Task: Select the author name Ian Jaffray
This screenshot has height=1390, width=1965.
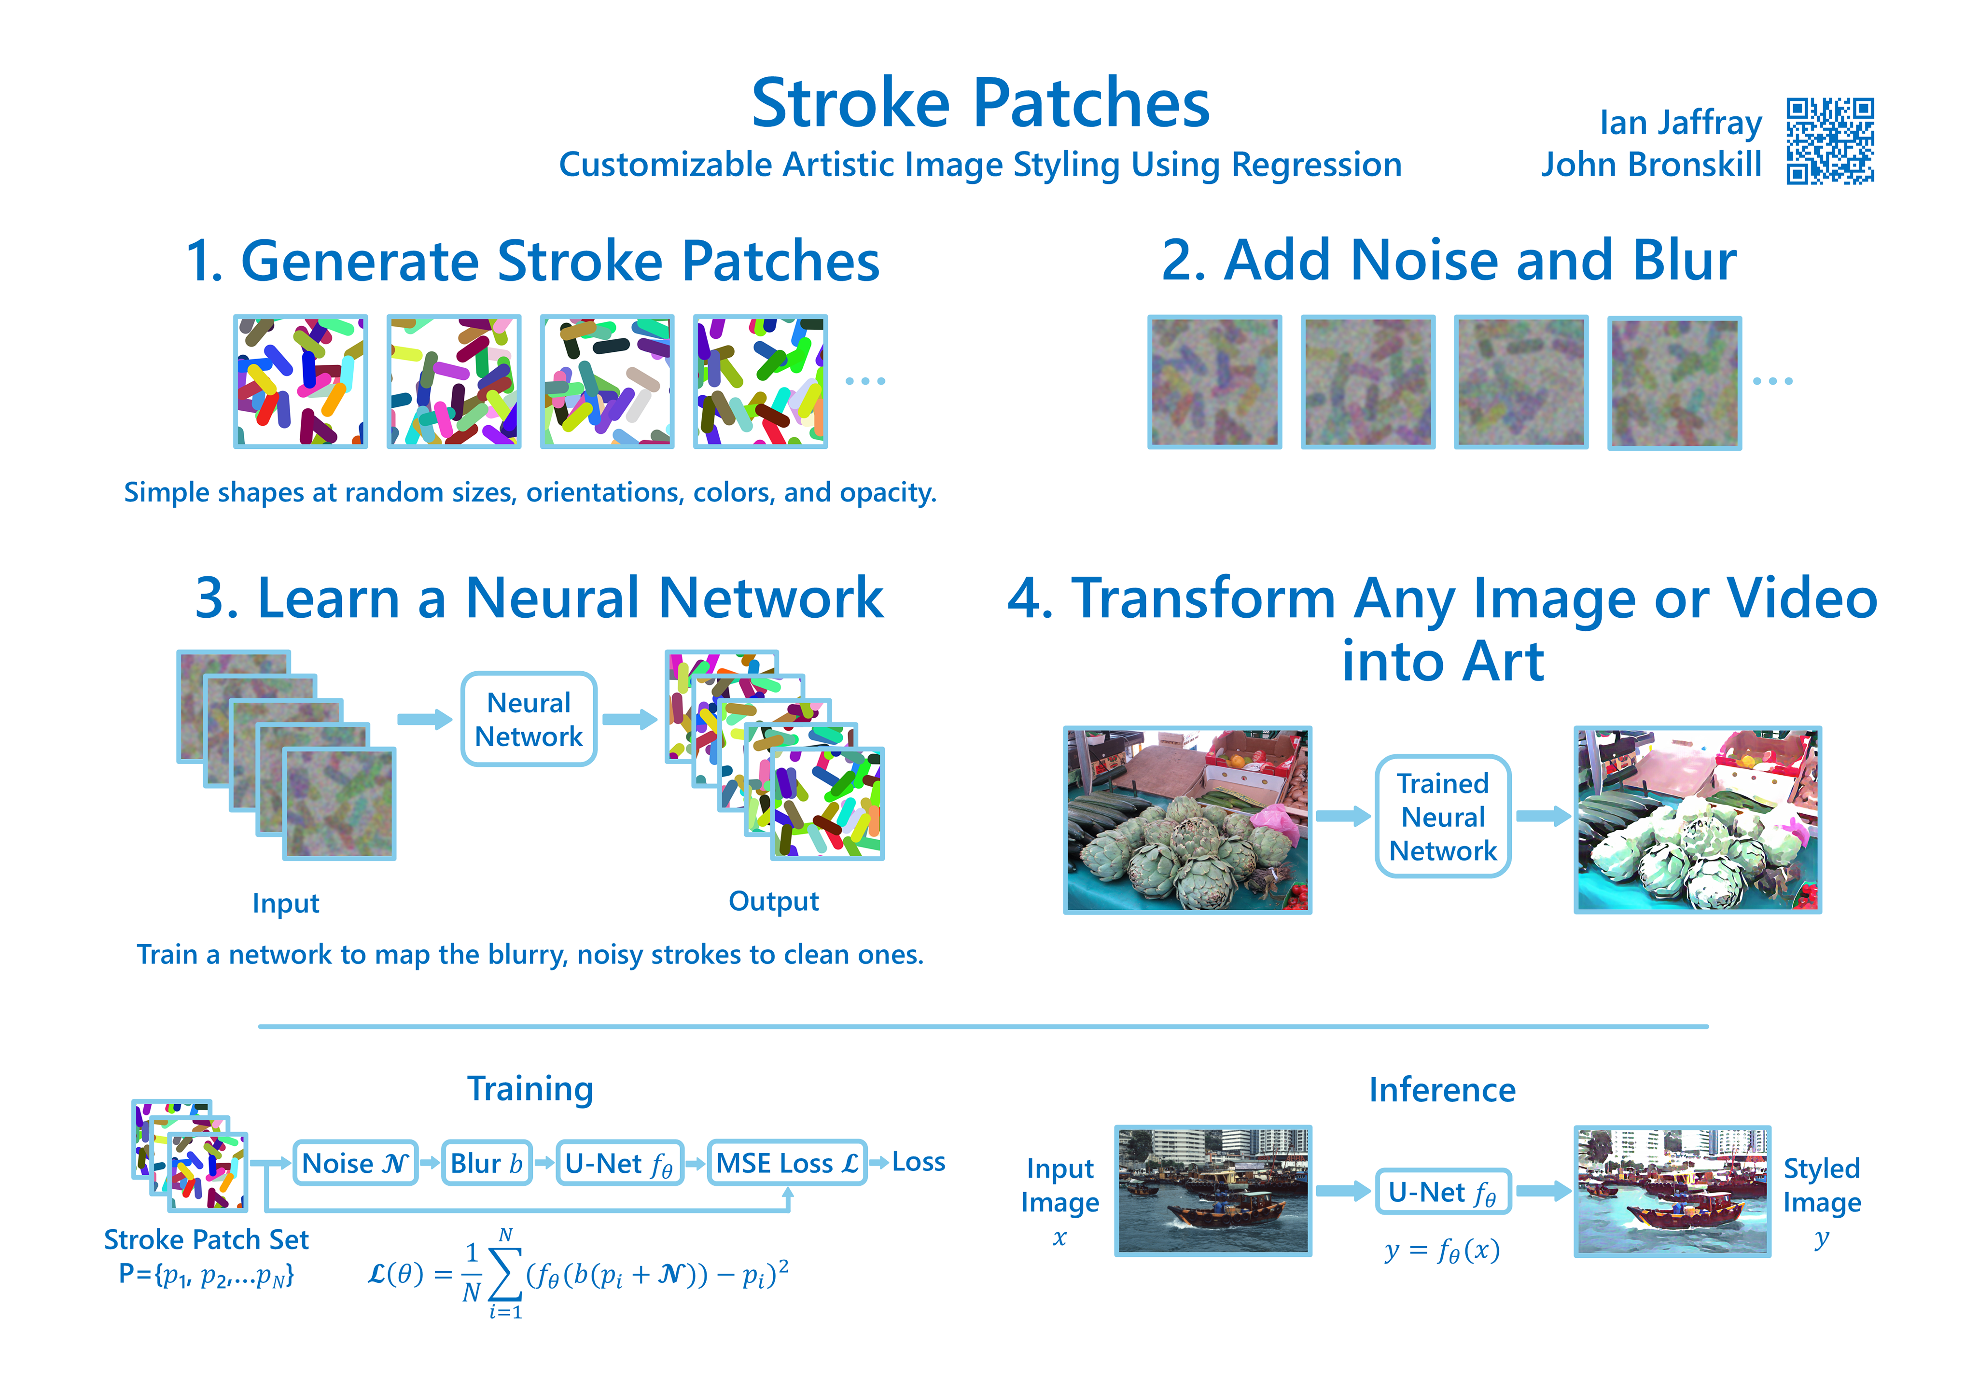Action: pos(1681,123)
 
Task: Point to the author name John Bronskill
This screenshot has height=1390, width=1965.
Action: pos(1652,164)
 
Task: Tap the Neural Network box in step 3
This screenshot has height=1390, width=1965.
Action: pos(529,719)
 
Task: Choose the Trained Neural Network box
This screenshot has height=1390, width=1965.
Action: pos(1443,817)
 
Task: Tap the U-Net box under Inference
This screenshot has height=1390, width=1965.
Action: pos(1443,1192)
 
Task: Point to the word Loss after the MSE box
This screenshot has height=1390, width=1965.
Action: pos(919,1162)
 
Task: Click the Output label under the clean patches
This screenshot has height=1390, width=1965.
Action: pos(774,901)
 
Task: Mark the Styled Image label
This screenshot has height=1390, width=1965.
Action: pos(1822,1185)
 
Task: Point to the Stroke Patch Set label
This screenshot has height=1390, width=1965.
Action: pos(206,1239)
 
